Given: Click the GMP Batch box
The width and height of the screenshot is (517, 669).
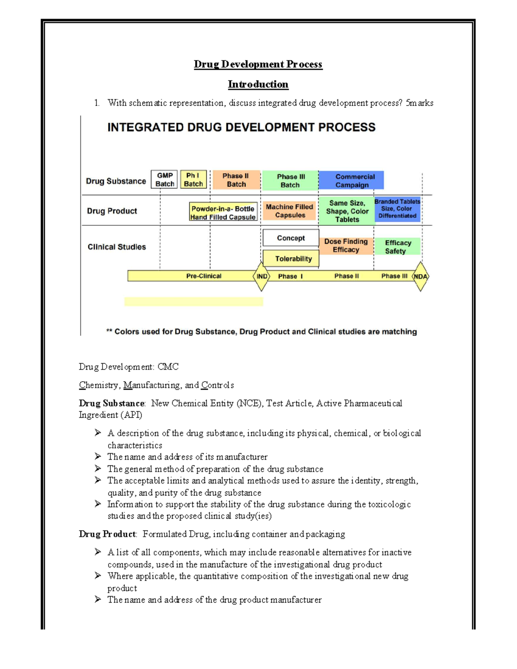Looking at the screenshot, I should (164, 180).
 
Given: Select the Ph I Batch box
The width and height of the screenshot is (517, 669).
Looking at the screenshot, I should (193, 180).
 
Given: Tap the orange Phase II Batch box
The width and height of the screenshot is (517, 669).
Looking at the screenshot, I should (236, 180).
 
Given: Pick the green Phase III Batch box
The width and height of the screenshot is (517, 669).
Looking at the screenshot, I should (290, 180).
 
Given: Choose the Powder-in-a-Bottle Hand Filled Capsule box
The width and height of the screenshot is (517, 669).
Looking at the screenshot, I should (223, 212).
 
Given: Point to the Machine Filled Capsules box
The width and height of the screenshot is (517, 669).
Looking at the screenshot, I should (290, 211).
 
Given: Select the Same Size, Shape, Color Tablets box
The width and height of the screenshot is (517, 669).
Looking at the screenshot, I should (347, 211).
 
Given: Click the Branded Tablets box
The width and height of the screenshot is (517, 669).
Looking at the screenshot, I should (397, 209).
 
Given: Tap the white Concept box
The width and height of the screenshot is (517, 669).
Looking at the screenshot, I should (291, 238).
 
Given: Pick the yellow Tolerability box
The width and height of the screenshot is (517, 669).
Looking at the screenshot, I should (291, 258).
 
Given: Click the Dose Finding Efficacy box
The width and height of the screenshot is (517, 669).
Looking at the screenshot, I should (346, 246).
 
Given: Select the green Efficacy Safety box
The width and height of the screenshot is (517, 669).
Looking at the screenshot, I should (397, 247).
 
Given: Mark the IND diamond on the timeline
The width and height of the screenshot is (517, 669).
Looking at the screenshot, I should (262, 276).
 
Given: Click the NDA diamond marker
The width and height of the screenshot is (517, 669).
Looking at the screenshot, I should (420, 276).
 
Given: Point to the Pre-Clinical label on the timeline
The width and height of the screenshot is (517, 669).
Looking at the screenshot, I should (204, 276).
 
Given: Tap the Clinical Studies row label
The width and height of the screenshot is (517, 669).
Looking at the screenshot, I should (117, 247).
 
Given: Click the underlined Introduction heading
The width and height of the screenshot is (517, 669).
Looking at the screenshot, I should (258, 84).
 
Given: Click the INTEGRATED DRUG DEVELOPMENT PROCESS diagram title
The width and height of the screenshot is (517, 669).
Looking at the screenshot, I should (241, 128).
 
